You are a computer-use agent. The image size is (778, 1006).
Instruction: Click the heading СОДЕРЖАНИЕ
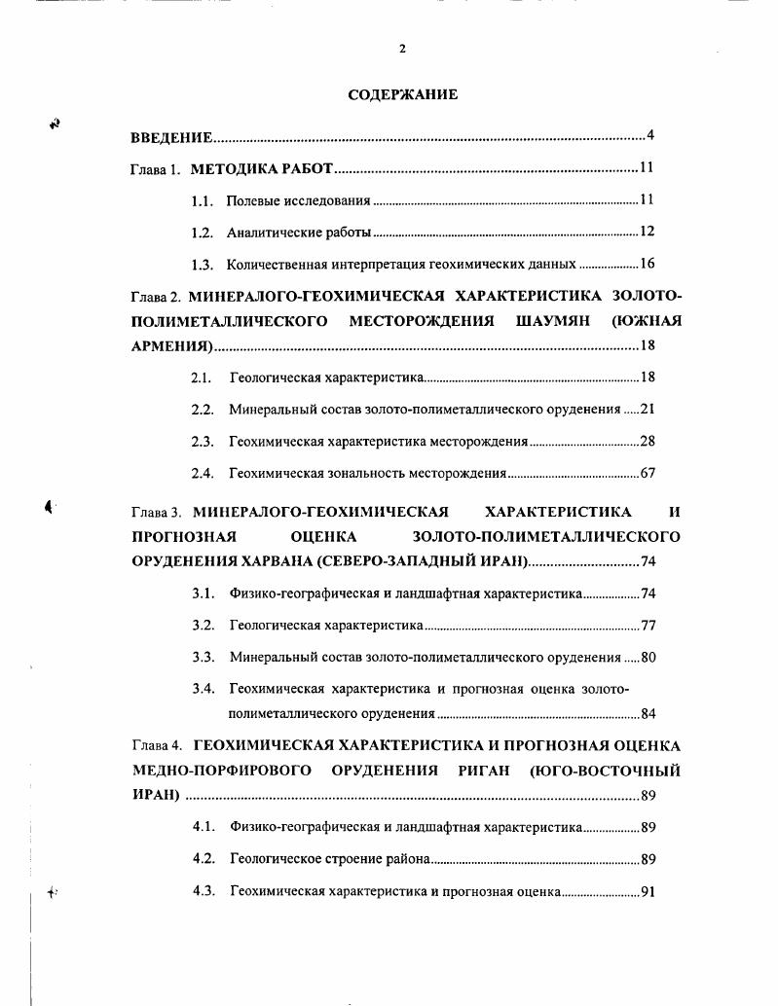coord(403,94)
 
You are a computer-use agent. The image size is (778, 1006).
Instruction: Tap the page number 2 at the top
coord(402,50)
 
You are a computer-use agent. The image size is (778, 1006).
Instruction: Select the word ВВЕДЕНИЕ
coord(171,136)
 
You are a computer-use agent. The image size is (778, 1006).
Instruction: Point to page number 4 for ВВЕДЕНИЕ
coord(649,135)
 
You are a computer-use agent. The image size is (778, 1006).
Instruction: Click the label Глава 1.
coord(155,169)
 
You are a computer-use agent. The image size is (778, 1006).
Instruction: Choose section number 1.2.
coord(202,233)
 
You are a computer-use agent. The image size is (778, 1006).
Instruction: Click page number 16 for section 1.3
coord(648,265)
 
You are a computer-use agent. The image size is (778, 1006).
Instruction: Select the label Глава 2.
coord(155,296)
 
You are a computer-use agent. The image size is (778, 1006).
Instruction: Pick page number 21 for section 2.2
coord(648,410)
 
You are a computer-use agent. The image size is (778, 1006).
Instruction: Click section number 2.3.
coord(203,442)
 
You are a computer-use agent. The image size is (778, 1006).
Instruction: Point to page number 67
coord(648,474)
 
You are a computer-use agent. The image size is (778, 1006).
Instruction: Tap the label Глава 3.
coord(156,513)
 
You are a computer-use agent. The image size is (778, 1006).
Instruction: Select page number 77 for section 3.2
coord(648,626)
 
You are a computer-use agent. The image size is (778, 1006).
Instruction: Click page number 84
coord(648,714)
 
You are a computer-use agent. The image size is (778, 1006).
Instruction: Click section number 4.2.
coord(203,859)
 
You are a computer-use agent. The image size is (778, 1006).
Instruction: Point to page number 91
coord(648,892)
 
